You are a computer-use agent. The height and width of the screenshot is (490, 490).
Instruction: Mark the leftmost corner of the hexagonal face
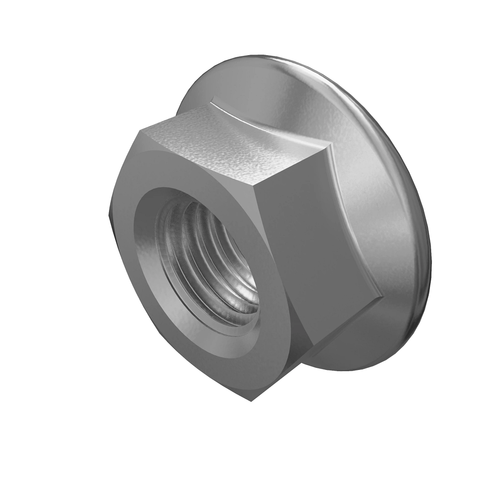pyautogui.click(x=109, y=214)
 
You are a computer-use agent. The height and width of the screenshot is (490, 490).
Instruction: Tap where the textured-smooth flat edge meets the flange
pyautogui.click(x=329, y=143)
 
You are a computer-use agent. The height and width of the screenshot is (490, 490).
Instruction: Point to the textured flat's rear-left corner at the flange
pyautogui.click(x=213, y=98)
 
